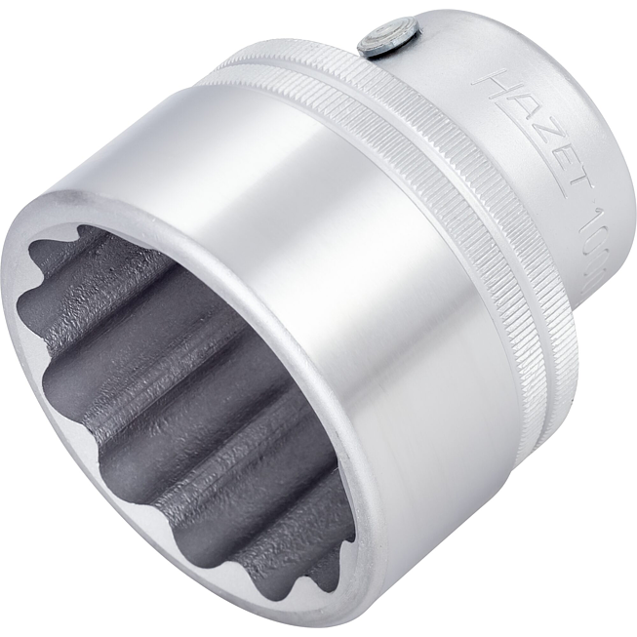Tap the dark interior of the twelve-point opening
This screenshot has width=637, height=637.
click(176, 410)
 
